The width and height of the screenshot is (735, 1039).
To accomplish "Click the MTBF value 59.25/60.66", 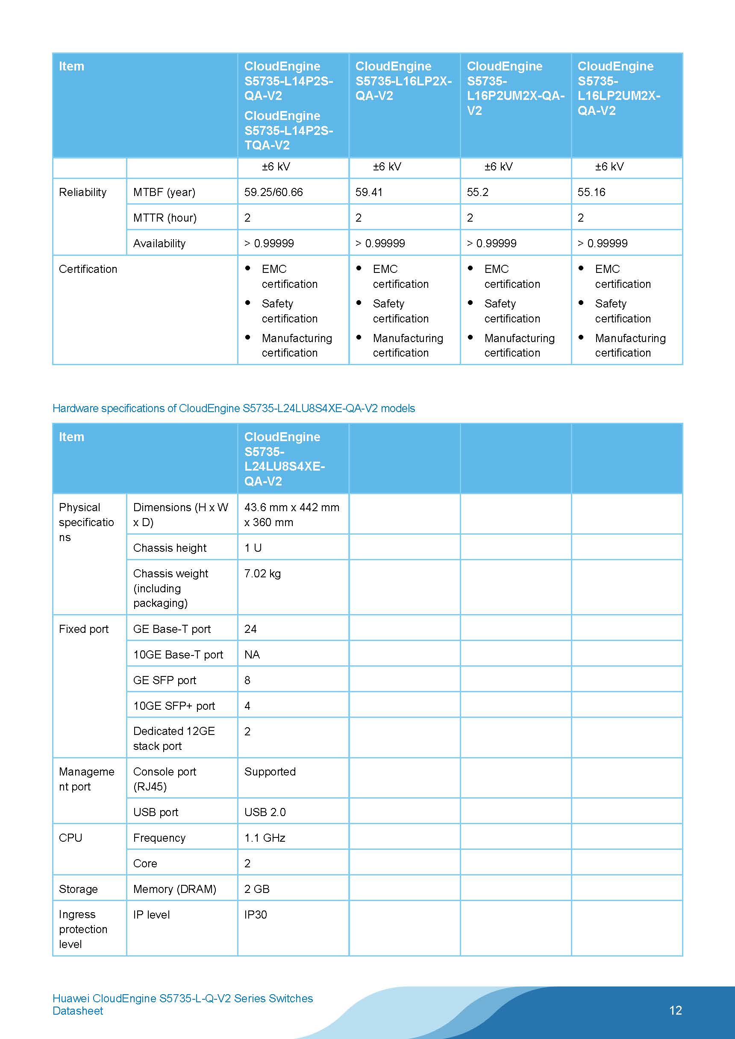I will pyautogui.click(x=273, y=192).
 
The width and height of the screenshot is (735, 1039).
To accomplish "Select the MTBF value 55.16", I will pyautogui.click(x=591, y=192).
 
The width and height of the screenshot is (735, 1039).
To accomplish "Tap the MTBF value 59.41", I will pyautogui.click(x=369, y=192).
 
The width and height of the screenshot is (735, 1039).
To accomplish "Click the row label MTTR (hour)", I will pyautogui.click(x=165, y=218).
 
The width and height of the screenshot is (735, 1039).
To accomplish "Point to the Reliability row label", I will pyautogui.click(x=82, y=192).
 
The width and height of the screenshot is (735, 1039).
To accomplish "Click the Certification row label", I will pyautogui.click(x=88, y=269).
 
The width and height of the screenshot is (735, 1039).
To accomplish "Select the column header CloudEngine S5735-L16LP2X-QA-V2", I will pyautogui.click(x=403, y=81).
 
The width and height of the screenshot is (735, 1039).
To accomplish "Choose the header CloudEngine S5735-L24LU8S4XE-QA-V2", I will pyautogui.click(x=285, y=459).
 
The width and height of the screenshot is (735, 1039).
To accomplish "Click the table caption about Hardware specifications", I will pyautogui.click(x=234, y=408).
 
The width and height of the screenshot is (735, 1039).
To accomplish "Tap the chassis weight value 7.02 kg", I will pyautogui.click(x=262, y=574).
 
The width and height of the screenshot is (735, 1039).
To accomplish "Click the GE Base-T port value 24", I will pyautogui.click(x=250, y=629).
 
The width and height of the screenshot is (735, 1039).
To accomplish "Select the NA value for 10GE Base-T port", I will pyautogui.click(x=252, y=655).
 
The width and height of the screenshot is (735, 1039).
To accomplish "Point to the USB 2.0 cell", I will pyautogui.click(x=265, y=812).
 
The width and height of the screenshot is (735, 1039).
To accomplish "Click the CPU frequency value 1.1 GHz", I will pyautogui.click(x=265, y=838).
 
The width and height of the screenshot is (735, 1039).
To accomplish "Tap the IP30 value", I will pyautogui.click(x=256, y=915).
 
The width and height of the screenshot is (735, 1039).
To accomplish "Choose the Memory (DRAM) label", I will pyautogui.click(x=174, y=889).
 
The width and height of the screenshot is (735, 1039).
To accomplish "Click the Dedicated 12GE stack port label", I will pyautogui.click(x=174, y=738).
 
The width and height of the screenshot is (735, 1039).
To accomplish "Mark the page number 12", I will pyautogui.click(x=675, y=1010).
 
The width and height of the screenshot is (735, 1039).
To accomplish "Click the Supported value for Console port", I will pyautogui.click(x=270, y=772).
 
